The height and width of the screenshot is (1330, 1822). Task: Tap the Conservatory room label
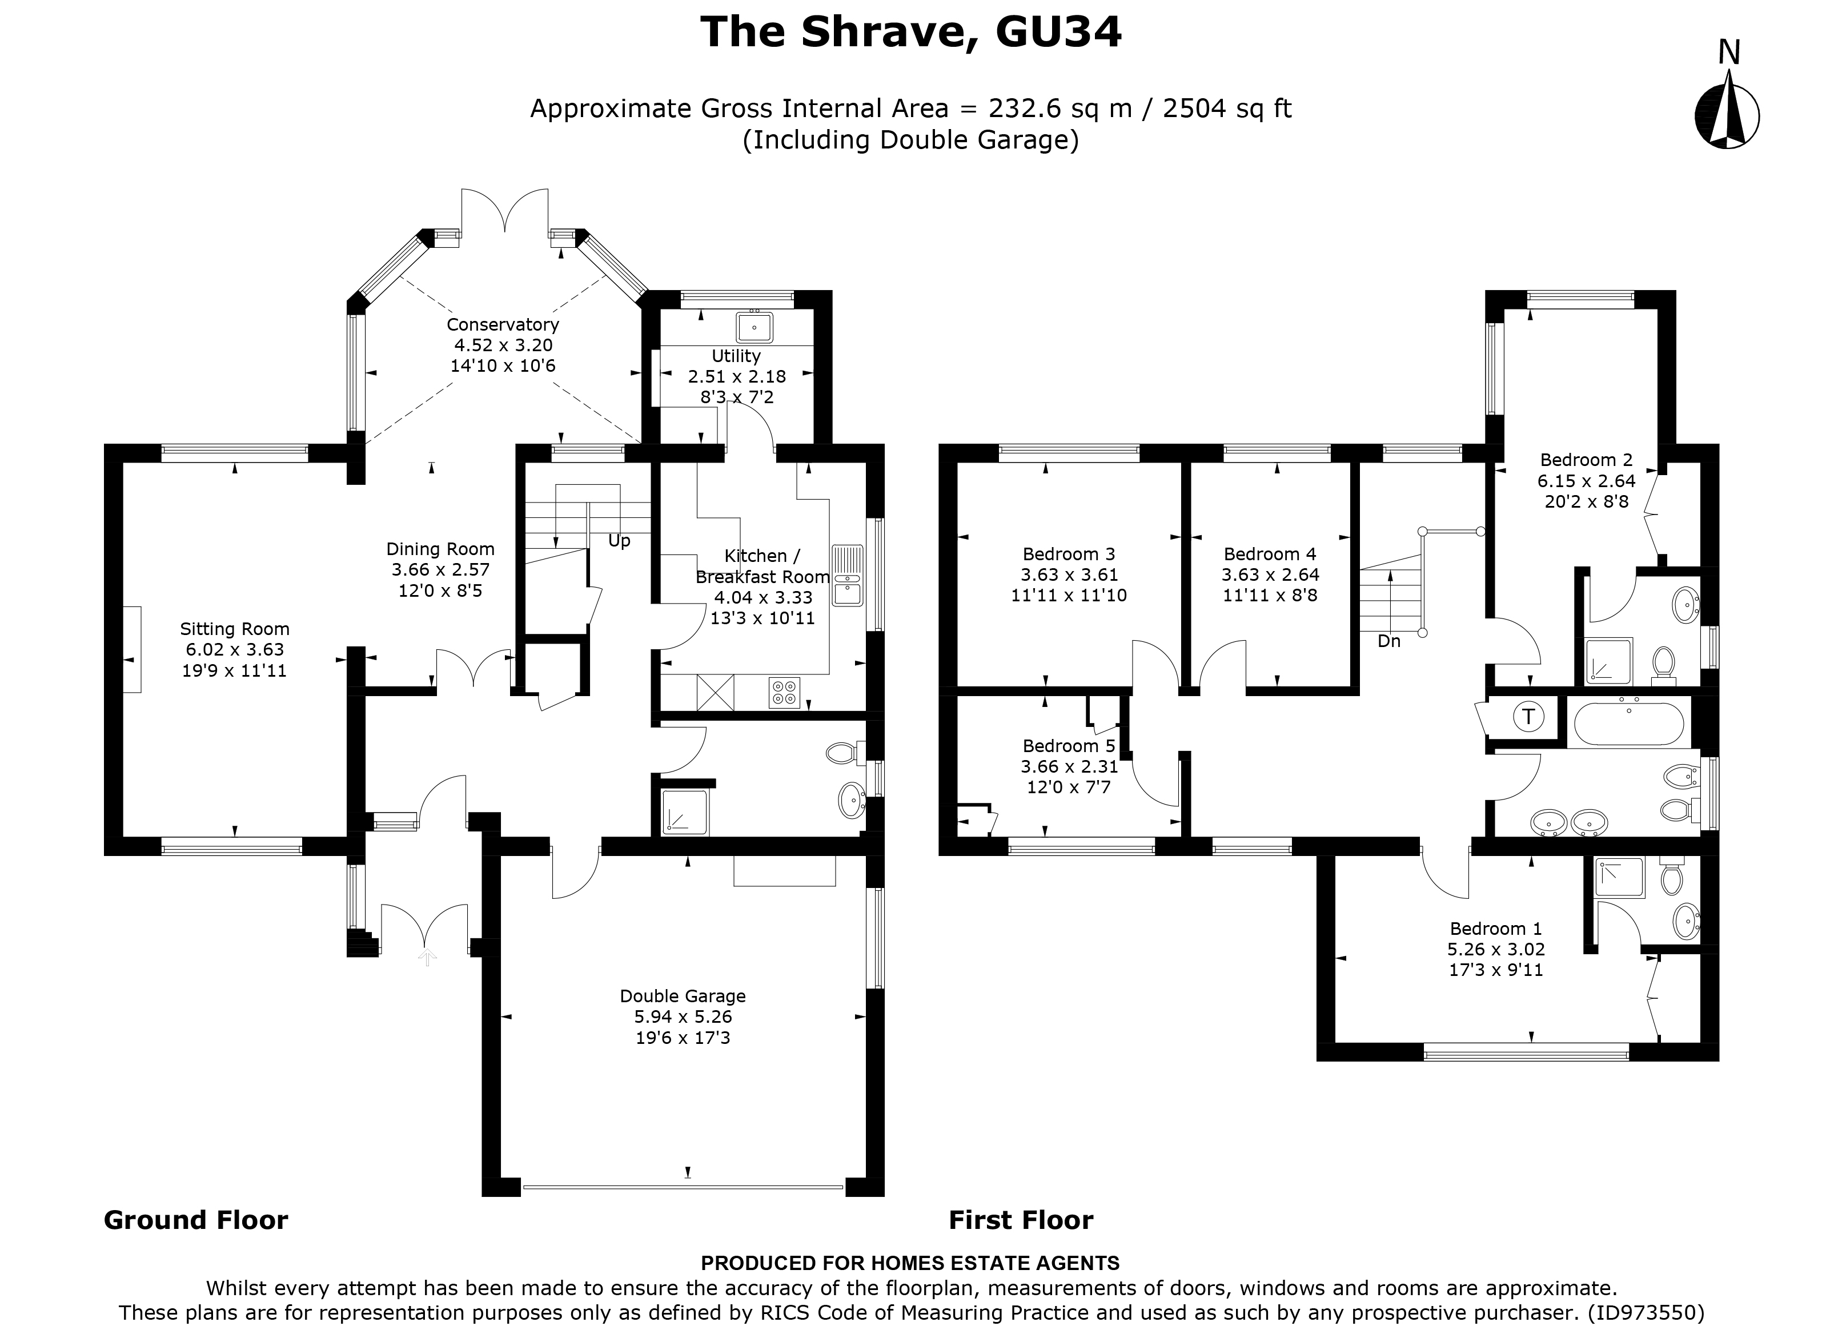[503, 324]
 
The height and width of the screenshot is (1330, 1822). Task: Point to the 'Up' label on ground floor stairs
[619, 541]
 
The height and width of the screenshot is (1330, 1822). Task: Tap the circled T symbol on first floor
[1528, 716]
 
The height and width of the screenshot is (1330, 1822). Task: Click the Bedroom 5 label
[1069, 745]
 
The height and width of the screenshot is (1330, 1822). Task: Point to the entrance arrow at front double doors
[427, 957]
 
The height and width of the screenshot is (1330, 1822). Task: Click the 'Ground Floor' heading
[196, 1220]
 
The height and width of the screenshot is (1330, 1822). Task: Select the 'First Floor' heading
[1020, 1220]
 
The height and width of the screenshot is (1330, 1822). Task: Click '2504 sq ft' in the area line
[1227, 108]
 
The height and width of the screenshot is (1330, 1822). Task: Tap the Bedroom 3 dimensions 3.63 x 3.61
[1069, 575]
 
